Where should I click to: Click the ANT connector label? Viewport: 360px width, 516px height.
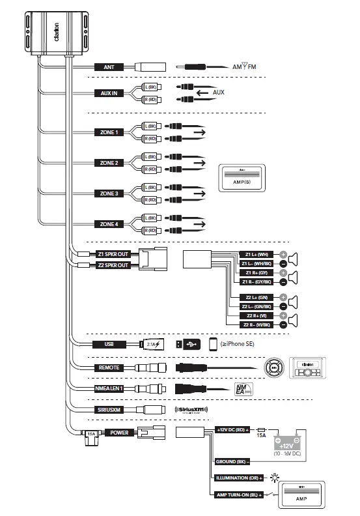[108, 66]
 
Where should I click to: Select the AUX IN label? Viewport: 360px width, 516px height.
[108, 93]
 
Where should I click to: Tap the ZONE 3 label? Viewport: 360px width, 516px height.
[108, 193]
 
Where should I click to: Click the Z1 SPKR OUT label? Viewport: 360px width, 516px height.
[113, 254]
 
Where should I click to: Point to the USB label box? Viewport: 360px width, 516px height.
[108, 344]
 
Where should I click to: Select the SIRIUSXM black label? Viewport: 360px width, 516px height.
[108, 410]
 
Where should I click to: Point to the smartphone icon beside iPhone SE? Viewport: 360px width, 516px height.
[212, 344]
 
